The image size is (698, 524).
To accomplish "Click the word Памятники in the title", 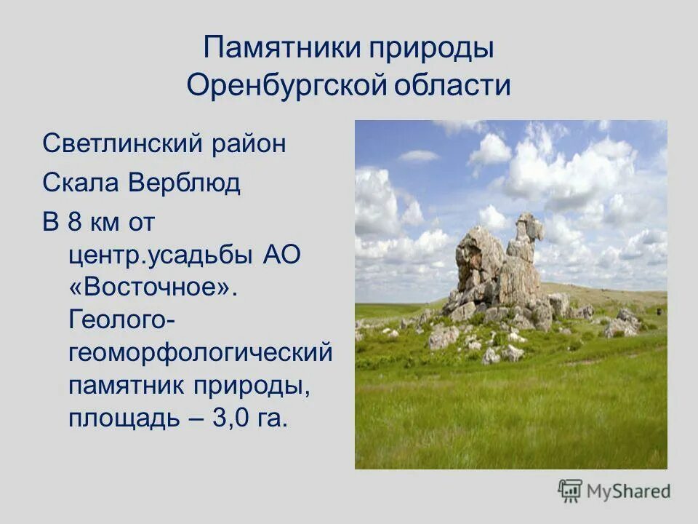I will click(281, 49).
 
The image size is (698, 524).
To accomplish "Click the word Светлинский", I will click(121, 143).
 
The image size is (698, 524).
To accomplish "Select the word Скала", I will click(81, 183).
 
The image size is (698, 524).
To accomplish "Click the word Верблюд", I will click(185, 183).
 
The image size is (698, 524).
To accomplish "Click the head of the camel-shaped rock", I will click(529, 226).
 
